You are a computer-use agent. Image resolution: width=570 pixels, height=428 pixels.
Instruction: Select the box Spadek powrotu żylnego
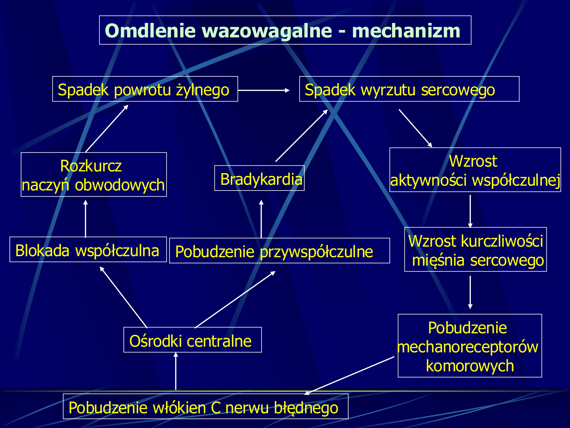[145, 89]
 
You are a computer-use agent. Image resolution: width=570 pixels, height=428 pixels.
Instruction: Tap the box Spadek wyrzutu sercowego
[409, 89]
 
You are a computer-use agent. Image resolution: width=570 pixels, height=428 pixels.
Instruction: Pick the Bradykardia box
[260, 178]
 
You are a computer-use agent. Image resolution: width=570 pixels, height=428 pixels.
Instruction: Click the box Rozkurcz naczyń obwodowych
[93, 175]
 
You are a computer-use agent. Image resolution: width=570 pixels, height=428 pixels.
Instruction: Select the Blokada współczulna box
[88, 249]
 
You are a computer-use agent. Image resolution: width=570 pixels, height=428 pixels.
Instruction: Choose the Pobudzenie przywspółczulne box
[279, 251]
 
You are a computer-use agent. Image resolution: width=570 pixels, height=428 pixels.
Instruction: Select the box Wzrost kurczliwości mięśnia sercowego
[475, 249]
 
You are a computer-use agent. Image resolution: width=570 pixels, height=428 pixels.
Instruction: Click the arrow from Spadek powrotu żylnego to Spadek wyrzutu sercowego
[263, 90]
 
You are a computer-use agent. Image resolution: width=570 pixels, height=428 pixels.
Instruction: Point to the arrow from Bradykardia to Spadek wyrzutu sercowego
[301, 136]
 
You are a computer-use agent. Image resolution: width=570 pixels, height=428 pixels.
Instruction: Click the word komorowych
[470, 366]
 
